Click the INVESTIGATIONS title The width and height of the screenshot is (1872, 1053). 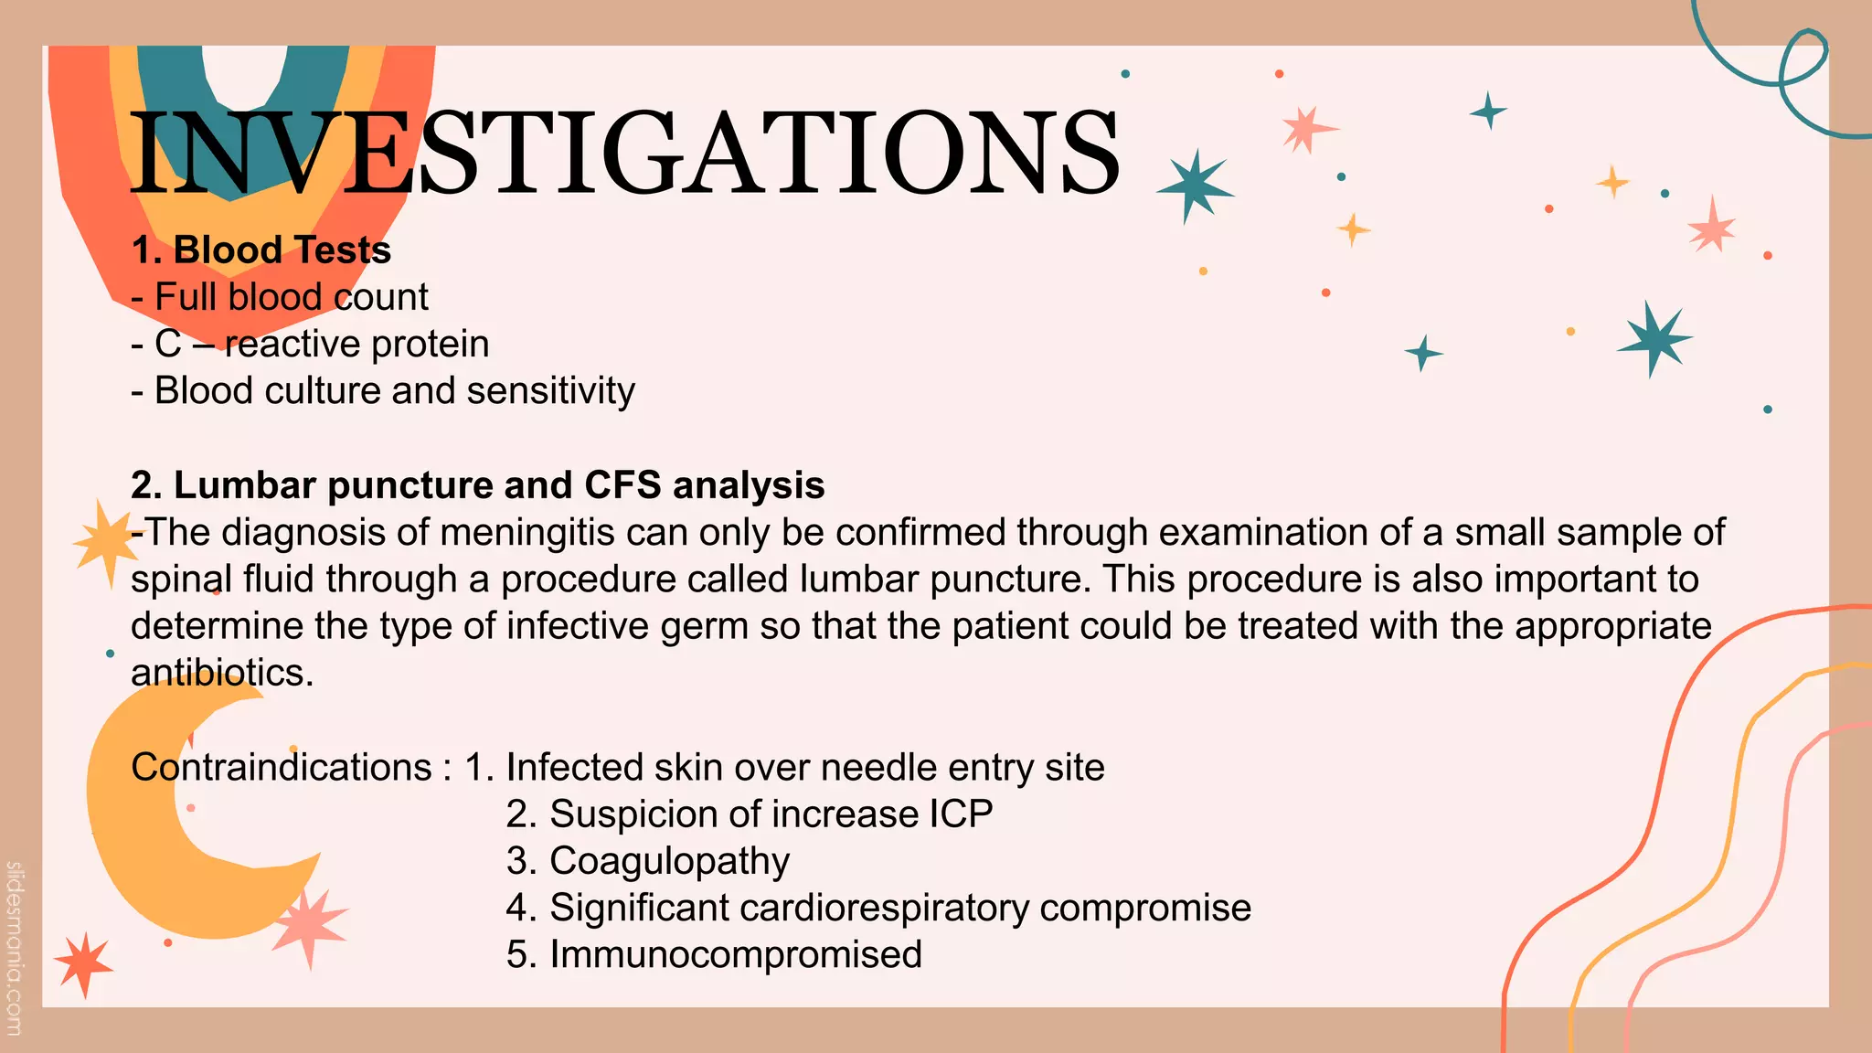click(625, 154)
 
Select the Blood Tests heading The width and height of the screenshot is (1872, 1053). click(261, 250)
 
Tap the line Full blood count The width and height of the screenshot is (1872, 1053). click(280, 297)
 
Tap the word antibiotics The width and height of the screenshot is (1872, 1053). click(221, 673)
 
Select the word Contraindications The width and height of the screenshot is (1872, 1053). click(282, 767)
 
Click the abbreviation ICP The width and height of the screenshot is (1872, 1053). click(961, 814)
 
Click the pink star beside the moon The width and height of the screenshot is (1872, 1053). click(311, 924)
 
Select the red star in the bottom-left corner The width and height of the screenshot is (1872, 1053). click(83, 963)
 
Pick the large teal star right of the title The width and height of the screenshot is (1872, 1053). click(1194, 186)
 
